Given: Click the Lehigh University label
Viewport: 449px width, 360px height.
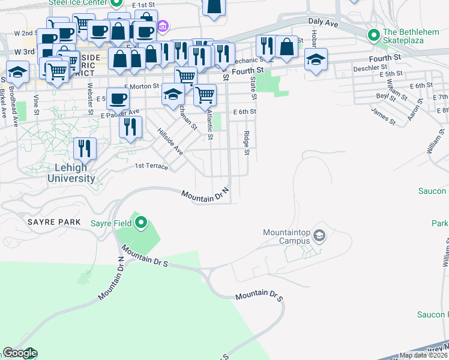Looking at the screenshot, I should pyautogui.click(x=71, y=173).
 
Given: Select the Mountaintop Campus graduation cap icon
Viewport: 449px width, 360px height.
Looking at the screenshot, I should pyautogui.click(x=319, y=235).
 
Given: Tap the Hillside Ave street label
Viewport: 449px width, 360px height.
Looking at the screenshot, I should pyautogui.click(x=170, y=142).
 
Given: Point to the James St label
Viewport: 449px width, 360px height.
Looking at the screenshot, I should pyautogui.click(x=384, y=116).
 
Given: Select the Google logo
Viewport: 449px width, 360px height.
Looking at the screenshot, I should pyautogui.click(x=19, y=353).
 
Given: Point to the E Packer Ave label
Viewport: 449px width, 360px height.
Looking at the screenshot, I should pyautogui.click(x=120, y=113).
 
